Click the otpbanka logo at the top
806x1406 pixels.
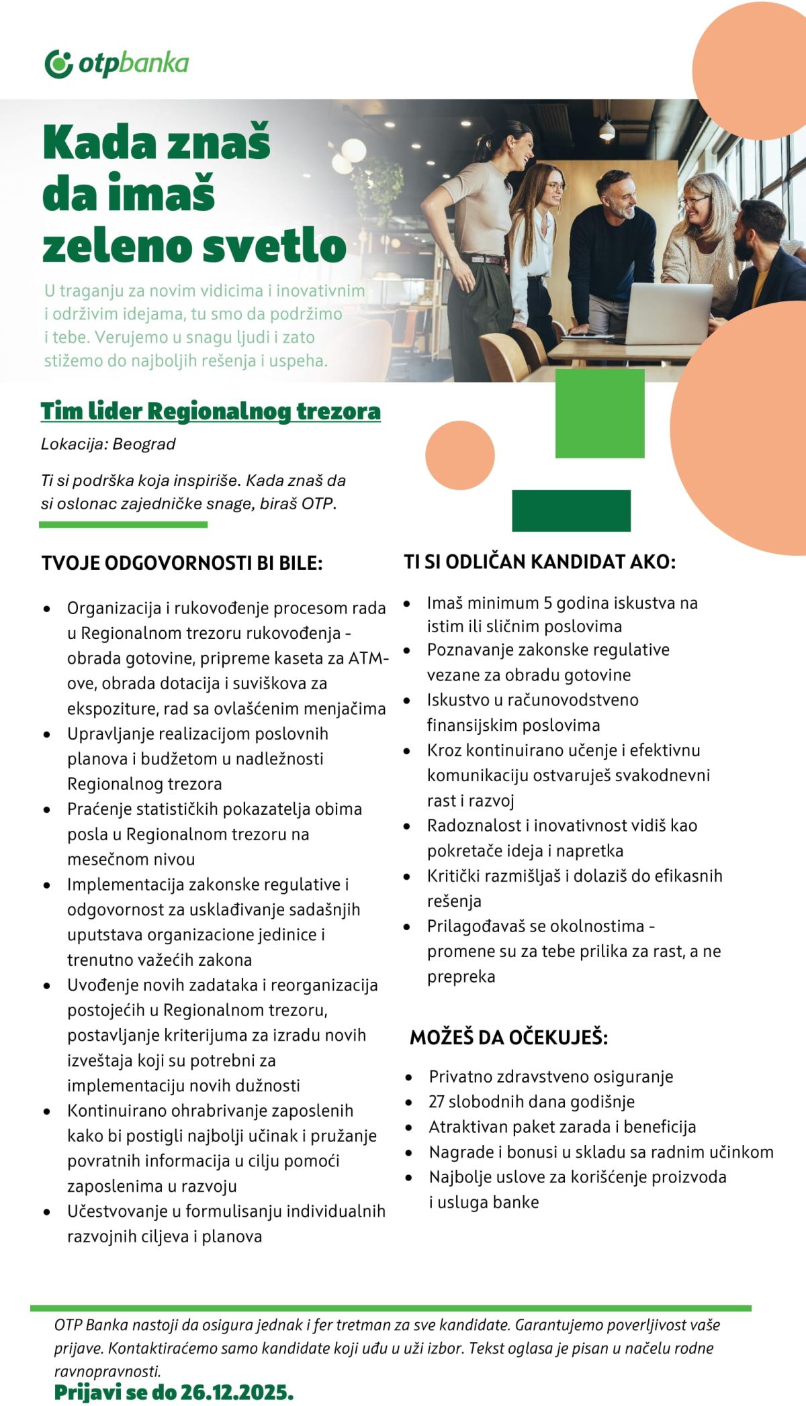[x=117, y=64]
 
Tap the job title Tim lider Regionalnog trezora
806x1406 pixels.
[x=210, y=411]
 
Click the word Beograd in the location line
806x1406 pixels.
[x=144, y=444]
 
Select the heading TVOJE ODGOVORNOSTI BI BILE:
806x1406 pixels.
[x=182, y=563]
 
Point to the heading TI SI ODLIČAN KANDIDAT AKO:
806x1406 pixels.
[x=539, y=562]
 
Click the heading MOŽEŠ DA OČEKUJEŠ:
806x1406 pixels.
[x=508, y=1037]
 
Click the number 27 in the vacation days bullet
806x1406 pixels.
[x=437, y=1101]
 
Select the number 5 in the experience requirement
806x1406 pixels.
[x=548, y=603]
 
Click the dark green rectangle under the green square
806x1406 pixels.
[x=571, y=511]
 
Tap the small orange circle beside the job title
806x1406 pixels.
[x=460, y=455]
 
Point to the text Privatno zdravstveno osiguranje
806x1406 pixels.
[x=551, y=1076]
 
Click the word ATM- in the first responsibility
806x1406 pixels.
[x=369, y=658]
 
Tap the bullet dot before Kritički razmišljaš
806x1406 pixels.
[x=407, y=876]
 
